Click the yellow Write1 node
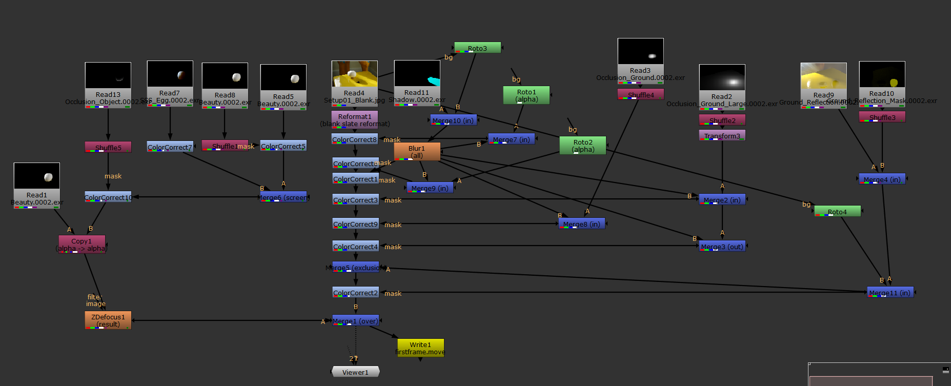coord(420,348)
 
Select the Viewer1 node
coord(355,372)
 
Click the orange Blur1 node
coord(417,152)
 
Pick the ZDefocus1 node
coord(108,320)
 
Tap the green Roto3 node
coord(477,48)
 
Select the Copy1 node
coord(82,245)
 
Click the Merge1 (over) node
coord(355,321)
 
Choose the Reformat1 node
coord(355,119)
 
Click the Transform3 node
coord(722,136)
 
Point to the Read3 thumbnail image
coord(640,51)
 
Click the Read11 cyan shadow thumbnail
coord(417,73)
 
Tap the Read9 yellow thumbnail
coord(823,76)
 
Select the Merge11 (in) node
coord(889,293)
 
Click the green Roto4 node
coord(837,212)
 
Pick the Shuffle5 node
coord(108,148)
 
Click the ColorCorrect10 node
coord(108,197)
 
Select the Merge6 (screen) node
coord(284,197)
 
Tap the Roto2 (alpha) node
coord(582,146)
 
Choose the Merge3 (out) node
coord(722,247)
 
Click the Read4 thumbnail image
coord(354,74)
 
